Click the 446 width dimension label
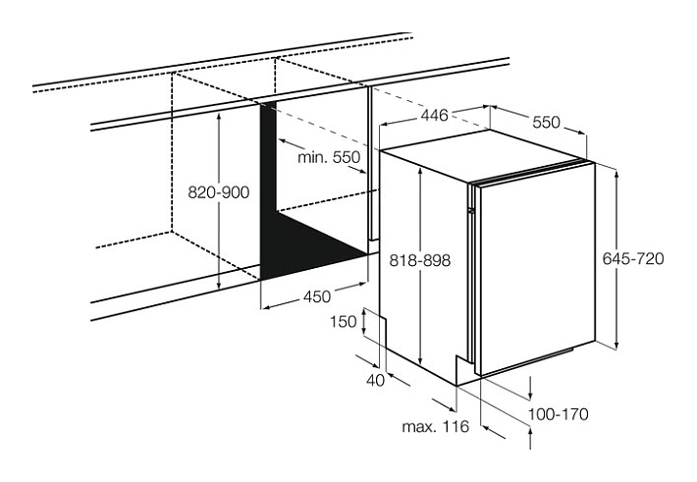tap(435, 116)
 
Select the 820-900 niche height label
tap(218, 192)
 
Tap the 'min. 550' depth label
tap(329, 157)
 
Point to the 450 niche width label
tap(317, 296)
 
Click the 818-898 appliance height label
tap(419, 260)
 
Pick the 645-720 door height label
tap(633, 258)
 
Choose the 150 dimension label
tap(344, 321)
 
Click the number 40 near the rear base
tap(376, 381)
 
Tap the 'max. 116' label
tap(435, 427)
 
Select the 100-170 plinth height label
tap(558, 414)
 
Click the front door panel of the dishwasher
tap(537, 270)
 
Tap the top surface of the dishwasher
tap(485, 156)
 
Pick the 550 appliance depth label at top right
tap(546, 122)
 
